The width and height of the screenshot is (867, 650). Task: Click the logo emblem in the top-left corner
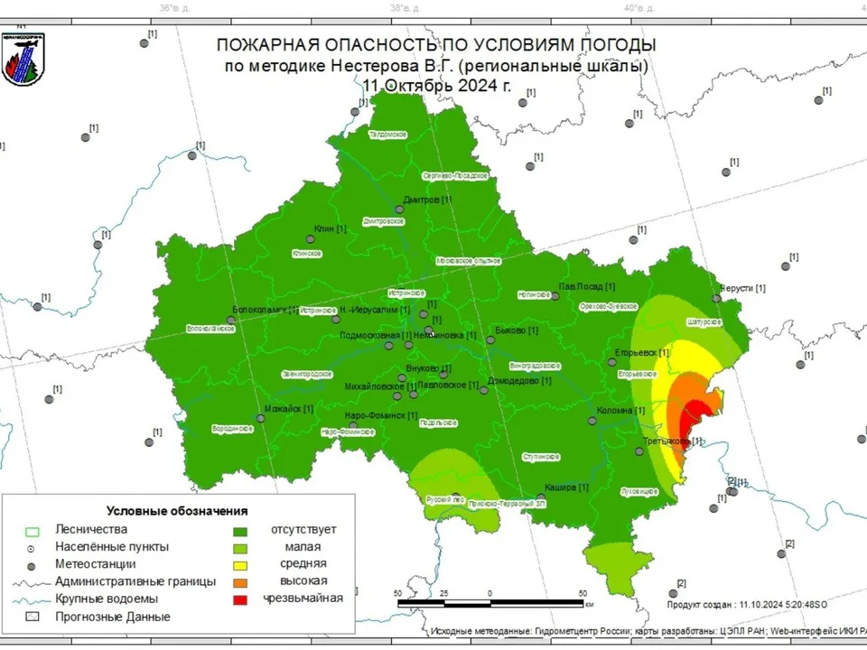point(24,60)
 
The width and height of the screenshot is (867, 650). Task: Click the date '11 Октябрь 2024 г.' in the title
point(436,86)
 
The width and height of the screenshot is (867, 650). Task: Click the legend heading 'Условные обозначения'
point(177,511)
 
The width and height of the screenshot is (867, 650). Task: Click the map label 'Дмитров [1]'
point(428,200)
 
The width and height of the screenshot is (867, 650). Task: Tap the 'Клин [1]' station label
point(330,229)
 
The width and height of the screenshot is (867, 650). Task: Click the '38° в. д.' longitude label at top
point(402,8)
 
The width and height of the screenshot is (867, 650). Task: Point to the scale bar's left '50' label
point(398,593)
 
